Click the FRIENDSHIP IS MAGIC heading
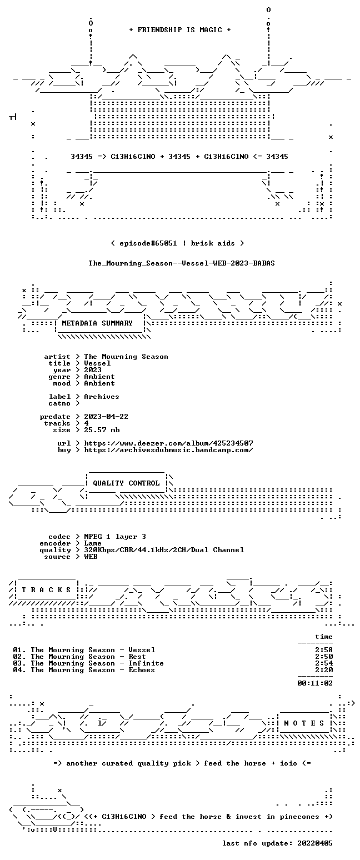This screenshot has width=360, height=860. pos(179,30)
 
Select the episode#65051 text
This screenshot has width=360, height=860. pos(148,243)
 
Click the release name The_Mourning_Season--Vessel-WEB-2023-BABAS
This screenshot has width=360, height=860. pos(182,263)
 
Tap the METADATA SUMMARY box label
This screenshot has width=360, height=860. pos(97,323)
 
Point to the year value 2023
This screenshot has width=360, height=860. pos(93,370)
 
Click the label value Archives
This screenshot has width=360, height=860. pos(102,397)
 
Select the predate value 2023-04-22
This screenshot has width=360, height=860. pos(106,417)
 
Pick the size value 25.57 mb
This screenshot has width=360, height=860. pos(102,430)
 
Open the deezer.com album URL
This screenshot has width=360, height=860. pos(168,443)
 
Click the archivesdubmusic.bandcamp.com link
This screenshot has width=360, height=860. pos(168,450)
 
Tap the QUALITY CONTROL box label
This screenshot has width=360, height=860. pos(126,483)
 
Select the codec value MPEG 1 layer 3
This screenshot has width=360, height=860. pos(115,536)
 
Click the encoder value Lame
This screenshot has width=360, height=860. pos(93,543)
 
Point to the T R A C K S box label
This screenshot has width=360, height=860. pos(47,589)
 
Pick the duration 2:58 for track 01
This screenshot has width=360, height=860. pos(324,650)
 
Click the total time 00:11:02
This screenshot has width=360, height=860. pos(315,683)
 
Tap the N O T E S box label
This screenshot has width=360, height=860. pos(304,723)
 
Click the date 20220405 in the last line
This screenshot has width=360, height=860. pos(315,843)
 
